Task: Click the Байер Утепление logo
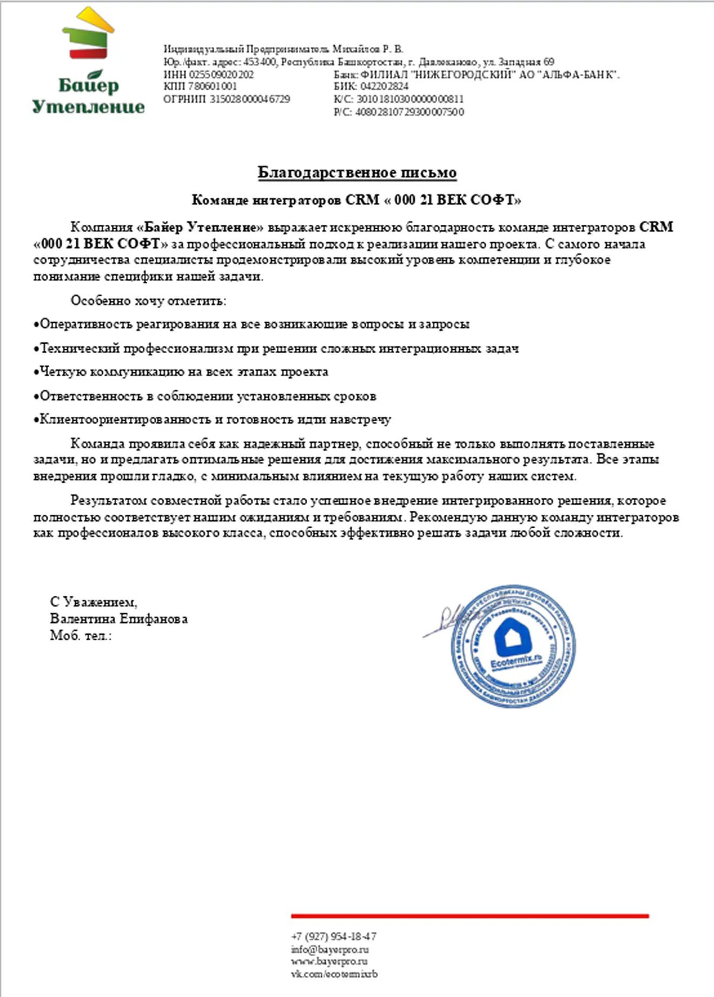(88, 62)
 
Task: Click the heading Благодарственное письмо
(357, 172)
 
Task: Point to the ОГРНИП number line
(227, 99)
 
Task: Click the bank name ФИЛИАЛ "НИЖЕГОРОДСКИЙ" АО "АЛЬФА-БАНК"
(490, 75)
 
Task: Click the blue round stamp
(513, 646)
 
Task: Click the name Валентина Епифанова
(119, 619)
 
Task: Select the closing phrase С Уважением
(94, 602)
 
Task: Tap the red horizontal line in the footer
(470, 916)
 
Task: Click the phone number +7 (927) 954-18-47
(333, 936)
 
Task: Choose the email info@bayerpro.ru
(329, 949)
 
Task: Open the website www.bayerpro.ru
(329, 961)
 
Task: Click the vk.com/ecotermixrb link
(334, 974)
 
